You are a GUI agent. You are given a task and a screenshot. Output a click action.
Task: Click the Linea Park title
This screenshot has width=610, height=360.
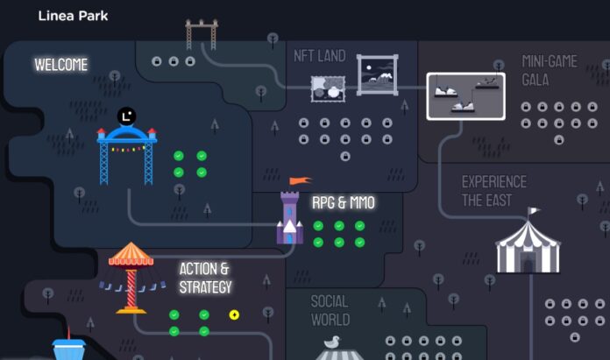[73, 16]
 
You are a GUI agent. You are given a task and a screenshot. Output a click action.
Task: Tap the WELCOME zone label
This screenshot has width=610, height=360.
[61, 65]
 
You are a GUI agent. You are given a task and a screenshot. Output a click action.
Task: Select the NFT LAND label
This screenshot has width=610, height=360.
[320, 56]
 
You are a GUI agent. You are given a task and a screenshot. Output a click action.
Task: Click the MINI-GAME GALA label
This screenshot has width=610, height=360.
[550, 71]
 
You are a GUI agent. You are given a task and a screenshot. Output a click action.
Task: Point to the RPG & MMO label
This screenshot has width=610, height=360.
[344, 202]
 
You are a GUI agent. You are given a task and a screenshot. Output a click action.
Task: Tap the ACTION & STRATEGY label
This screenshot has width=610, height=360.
[205, 278]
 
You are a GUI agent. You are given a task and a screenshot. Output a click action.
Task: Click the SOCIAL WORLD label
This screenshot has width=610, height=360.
[330, 311]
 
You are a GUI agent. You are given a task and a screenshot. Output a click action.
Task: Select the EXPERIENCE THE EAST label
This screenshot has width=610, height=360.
[494, 191]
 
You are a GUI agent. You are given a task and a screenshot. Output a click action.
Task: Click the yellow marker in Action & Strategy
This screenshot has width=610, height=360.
[234, 314]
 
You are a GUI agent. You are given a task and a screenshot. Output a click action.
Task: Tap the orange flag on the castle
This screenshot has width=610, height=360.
[300, 180]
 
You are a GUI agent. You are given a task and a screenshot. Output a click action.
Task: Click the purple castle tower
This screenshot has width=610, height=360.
[290, 217]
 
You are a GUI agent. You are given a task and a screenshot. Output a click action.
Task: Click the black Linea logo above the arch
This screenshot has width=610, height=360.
[127, 116]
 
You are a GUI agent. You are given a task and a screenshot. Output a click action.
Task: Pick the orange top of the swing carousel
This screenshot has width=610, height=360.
[131, 254]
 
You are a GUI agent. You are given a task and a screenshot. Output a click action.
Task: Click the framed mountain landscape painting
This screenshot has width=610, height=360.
[378, 75]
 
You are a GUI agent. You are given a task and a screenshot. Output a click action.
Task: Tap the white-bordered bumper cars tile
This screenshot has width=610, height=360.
[466, 96]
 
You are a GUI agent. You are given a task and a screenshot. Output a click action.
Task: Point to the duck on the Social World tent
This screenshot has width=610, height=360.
[332, 342]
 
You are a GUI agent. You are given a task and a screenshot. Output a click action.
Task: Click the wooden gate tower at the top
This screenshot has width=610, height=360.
[202, 35]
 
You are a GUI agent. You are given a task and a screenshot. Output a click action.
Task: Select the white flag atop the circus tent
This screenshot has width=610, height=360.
[533, 211]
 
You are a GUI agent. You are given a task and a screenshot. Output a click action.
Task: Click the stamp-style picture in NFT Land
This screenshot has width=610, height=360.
[328, 89]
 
